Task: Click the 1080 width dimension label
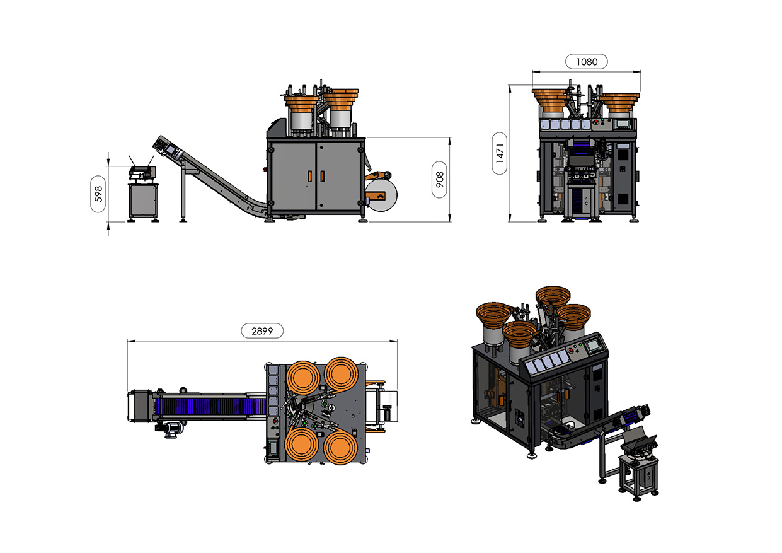(x=586, y=61)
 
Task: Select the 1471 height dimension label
(x=500, y=153)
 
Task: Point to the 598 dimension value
(x=98, y=194)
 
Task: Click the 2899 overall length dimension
(x=262, y=330)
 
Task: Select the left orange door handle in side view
(x=309, y=176)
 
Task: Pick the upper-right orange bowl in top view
(x=342, y=375)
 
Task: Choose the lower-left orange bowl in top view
(x=301, y=445)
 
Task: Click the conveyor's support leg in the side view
(x=183, y=192)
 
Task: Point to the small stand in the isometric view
(x=638, y=474)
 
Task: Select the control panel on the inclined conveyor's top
(x=171, y=149)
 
